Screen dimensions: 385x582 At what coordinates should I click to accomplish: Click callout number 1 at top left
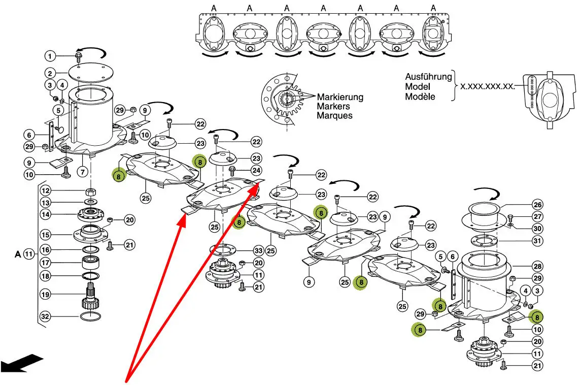coord(50,55)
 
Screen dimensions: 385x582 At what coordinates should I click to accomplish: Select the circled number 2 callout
coord(50,73)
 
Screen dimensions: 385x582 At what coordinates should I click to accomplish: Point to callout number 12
coord(46,191)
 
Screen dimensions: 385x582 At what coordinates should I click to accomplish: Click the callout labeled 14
coord(46,215)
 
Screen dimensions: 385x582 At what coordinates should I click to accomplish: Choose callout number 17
coord(46,263)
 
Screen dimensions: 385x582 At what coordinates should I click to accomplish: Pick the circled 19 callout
coord(46,294)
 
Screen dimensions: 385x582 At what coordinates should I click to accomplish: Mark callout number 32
coord(46,316)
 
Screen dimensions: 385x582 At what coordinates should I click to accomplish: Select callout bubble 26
coord(537,206)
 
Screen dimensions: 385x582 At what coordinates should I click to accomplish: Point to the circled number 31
coord(537,241)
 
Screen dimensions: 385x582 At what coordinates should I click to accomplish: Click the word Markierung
coord(340,97)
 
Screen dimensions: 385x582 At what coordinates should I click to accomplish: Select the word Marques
coord(334,115)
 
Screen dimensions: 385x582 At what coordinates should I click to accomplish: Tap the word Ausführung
coord(428,77)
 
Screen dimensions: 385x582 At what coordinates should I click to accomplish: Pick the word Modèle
coord(420,96)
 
